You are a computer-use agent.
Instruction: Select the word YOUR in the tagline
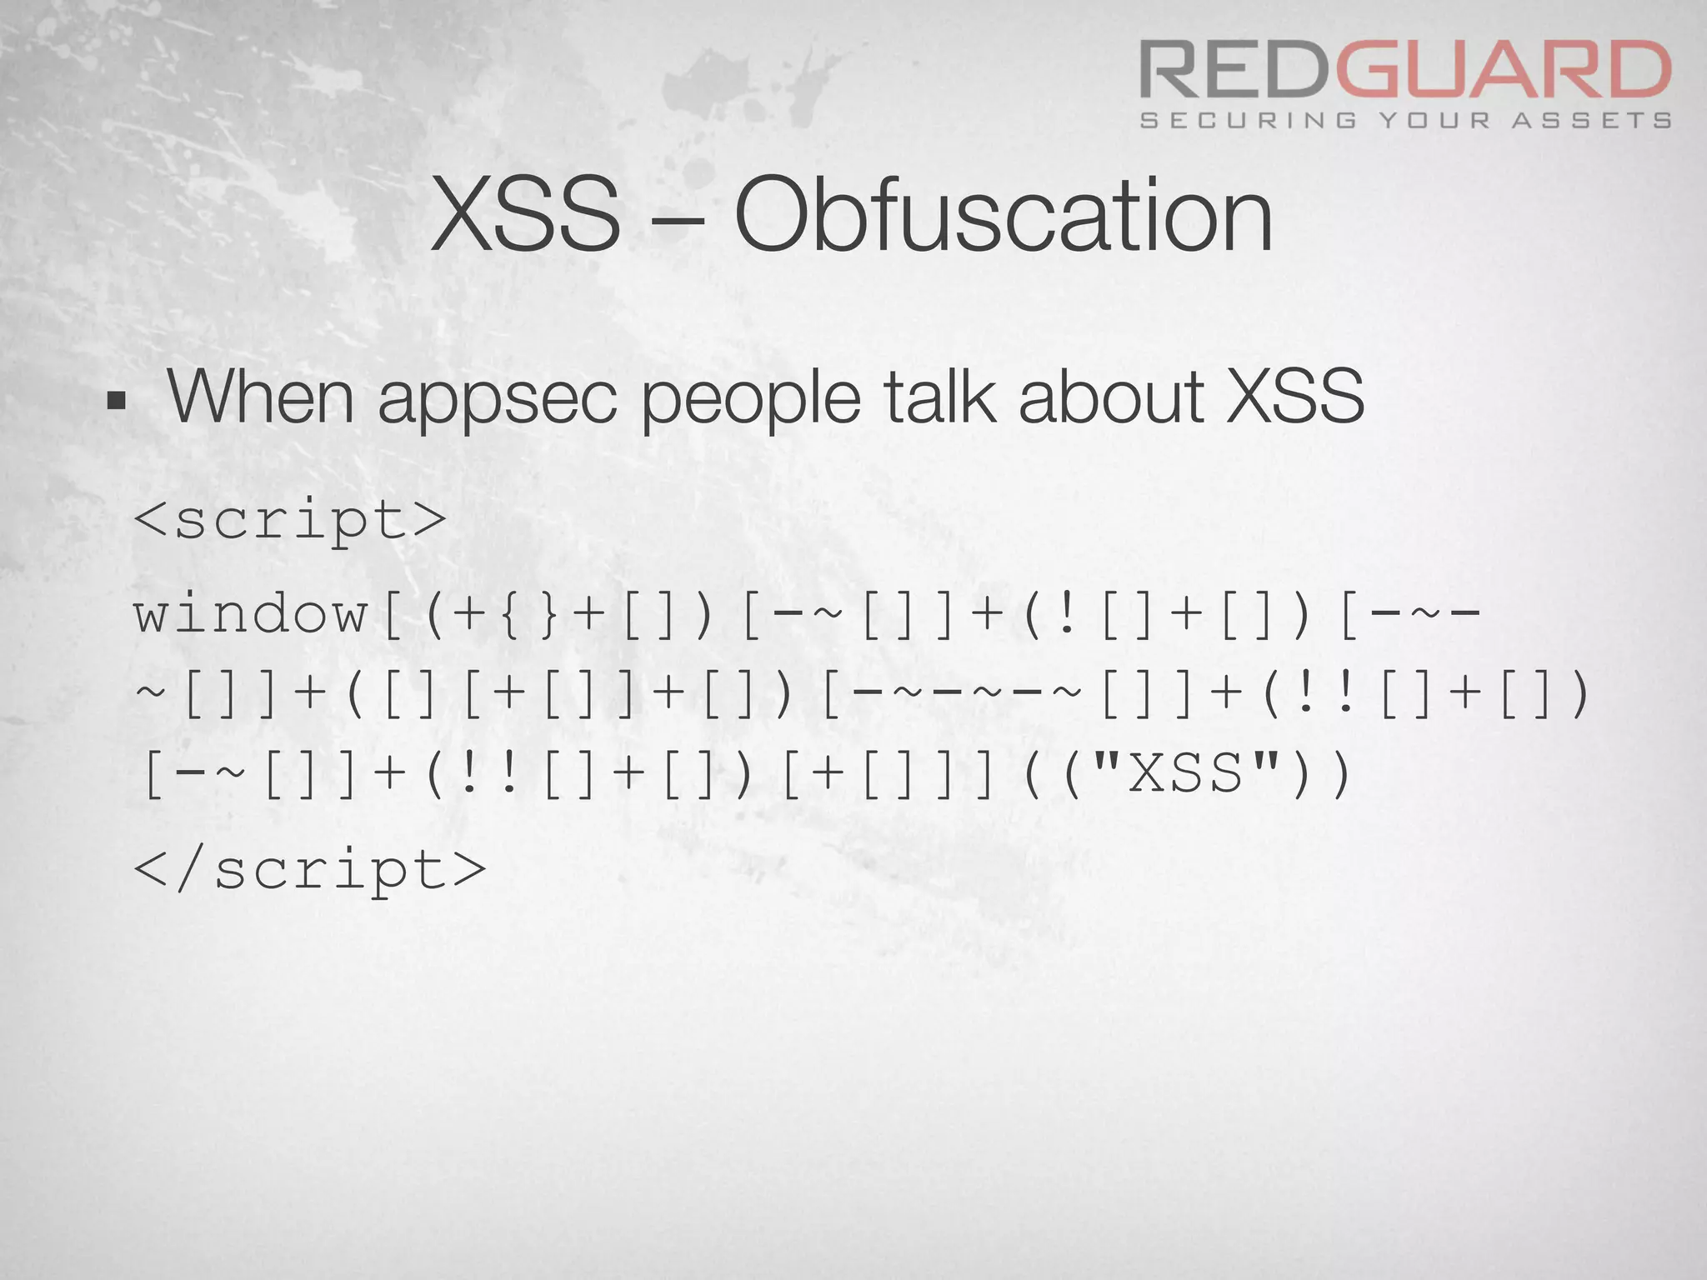1434,121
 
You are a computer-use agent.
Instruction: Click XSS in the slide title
527,216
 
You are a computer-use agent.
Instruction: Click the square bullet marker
116,402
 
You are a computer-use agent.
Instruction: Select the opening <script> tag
290,520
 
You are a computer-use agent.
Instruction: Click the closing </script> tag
309,870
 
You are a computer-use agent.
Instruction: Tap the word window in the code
251,614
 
